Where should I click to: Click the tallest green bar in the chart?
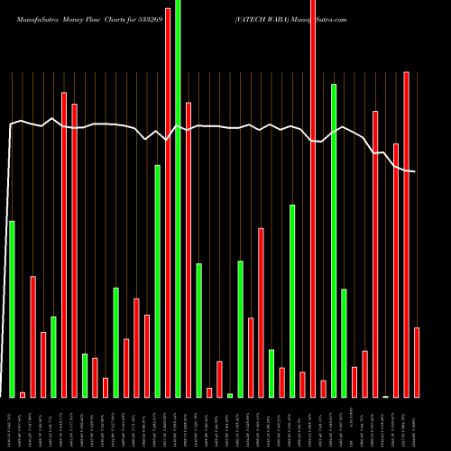(178, 198)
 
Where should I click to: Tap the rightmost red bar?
(417, 362)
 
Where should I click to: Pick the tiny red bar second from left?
(23, 394)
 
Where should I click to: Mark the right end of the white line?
(415, 171)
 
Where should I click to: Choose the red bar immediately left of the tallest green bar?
(168, 198)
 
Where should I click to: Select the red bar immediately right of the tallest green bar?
(189, 249)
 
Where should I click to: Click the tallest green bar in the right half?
(334, 240)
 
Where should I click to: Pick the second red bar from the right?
(407, 235)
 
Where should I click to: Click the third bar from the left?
(32, 336)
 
